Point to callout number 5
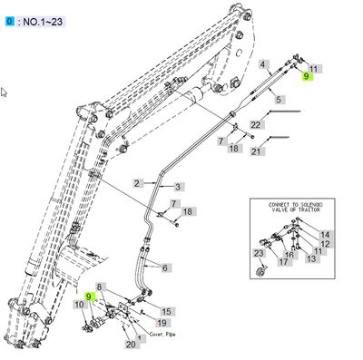coord(280,99)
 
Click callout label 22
coord(256,123)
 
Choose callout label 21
coord(256,151)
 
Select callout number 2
coord(138,182)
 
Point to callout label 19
coord(161,323)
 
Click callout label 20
coord(131,344)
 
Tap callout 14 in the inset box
coord(325,234)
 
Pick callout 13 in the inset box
coord(311,259)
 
